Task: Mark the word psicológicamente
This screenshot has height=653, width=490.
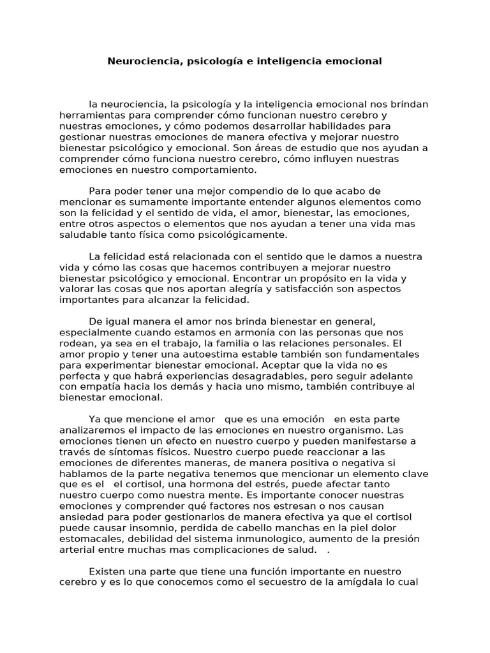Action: [237, 235]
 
